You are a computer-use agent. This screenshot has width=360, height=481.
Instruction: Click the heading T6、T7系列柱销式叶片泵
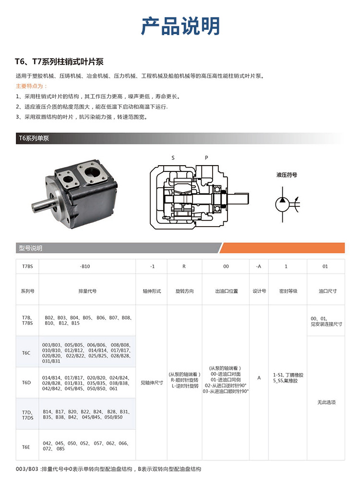click(60, 62)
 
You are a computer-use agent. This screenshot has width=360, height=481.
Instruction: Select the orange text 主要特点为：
click(32, 86)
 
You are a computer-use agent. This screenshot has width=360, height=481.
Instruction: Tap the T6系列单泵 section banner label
click(34, 138)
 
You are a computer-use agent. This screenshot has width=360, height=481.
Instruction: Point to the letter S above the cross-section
click(173, 157)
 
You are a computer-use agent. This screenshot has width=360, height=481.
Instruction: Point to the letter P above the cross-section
click(206, 157)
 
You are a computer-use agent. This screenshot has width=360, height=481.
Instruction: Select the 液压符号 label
click(287, 175)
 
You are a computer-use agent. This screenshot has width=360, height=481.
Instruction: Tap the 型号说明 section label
click(31, 248)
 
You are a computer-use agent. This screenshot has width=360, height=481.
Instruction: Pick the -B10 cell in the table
click(85, 266)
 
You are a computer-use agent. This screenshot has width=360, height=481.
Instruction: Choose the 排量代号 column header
click(88, 291)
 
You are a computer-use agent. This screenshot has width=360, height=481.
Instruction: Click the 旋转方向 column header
click(184, 291)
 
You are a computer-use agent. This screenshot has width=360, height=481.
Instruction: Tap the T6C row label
click(26, 353)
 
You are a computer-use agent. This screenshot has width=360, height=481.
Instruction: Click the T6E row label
click(26, 446)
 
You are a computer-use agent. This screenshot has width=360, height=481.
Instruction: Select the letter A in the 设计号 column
click(259, 378)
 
